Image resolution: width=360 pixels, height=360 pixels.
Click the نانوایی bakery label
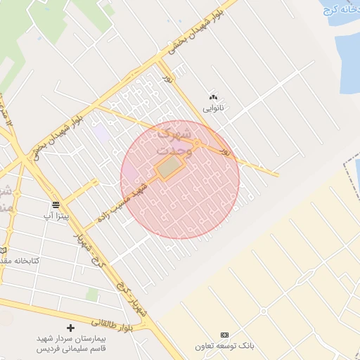[x=213, y=108]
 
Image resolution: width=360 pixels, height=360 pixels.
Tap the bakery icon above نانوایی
[x=213, y=97]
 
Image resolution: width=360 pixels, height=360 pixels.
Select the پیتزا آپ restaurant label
[x=56, y=215]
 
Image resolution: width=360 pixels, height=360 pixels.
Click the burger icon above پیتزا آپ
[x=56, y=204]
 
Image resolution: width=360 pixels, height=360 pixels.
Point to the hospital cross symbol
[x=70, y=328]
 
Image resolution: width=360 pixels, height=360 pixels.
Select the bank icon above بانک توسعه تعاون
[x=224, y=335]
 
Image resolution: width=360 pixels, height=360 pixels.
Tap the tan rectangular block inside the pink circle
[x=169, y=169]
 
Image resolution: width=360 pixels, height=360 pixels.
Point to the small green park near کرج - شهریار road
[x=92, y=294]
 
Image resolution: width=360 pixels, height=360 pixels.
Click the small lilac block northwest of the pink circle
[x=101, y=132]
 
